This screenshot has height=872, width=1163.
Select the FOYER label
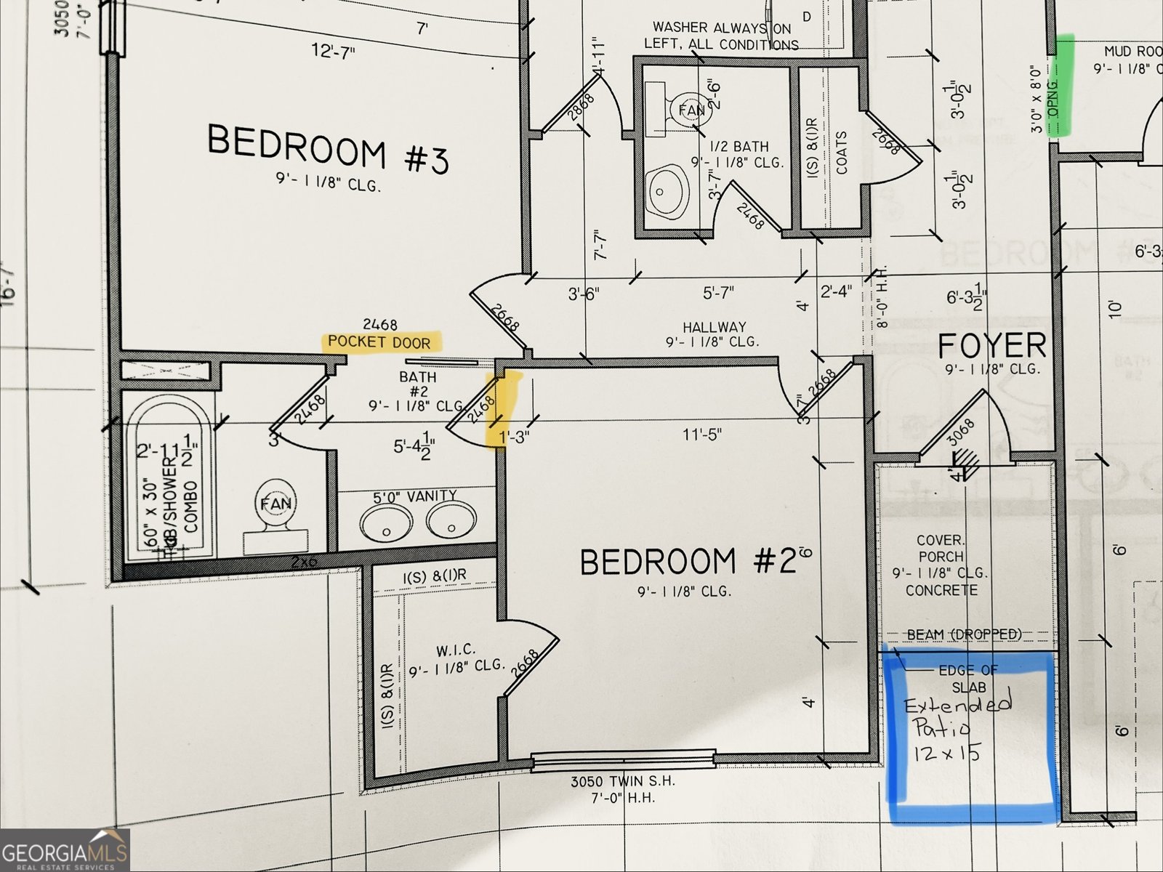coord(992,346)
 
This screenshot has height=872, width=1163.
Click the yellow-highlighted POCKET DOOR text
coord(379,342)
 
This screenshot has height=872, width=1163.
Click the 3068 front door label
coord(962,434)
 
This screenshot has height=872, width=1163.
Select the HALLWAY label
coord(714,328)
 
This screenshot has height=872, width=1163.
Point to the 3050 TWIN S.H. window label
coord(623,782)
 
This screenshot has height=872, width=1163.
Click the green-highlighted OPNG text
coord(1056,95)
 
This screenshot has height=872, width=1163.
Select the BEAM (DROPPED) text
coord(964,634)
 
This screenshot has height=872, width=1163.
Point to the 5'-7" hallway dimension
coord(718,293)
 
